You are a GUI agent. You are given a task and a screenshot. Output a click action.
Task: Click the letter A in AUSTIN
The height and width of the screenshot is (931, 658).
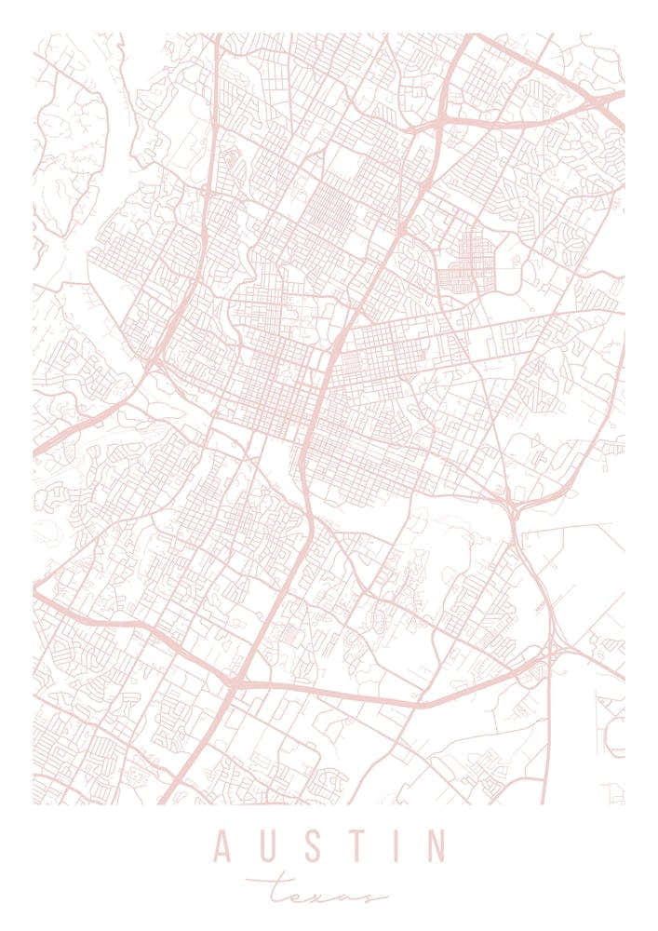[223, 846]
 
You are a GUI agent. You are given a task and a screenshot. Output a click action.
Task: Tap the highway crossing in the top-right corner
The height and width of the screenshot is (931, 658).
[605, 99]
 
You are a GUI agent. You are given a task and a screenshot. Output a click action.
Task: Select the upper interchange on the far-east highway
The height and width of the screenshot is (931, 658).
[511, 508]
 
